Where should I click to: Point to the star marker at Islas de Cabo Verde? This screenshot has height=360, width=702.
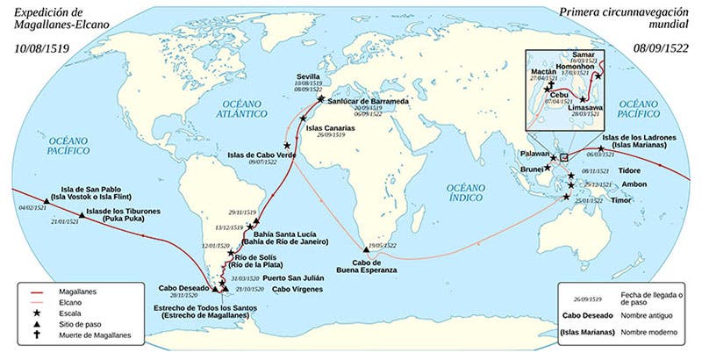(x=286, y=145)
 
